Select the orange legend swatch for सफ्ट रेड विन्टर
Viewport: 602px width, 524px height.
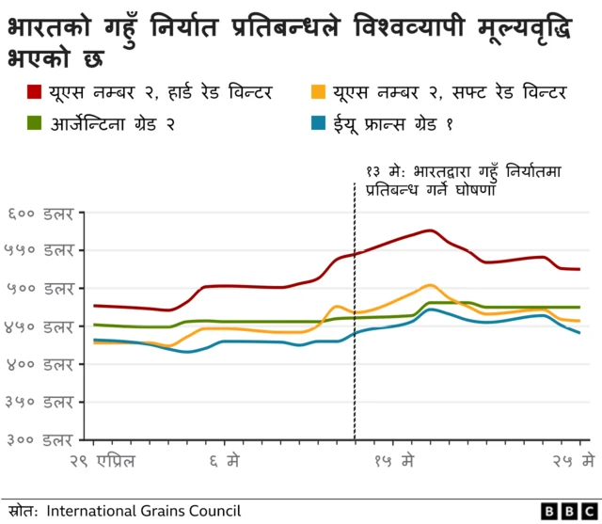318,92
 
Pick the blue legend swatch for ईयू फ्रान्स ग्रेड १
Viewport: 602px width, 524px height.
318,122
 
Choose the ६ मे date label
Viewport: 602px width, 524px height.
223,461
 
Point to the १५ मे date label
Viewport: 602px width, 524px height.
394,461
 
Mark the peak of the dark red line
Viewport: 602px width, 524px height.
429,230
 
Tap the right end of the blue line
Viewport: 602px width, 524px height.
579,333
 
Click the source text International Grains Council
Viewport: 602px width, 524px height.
144,511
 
